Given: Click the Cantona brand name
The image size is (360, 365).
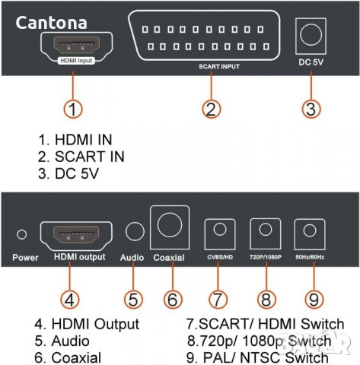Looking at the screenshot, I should point(51,24).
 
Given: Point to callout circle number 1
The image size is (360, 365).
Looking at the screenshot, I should point(73,109).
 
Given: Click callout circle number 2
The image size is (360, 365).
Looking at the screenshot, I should point(212,109).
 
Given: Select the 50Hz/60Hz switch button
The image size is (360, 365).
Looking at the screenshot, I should point(310,231).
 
